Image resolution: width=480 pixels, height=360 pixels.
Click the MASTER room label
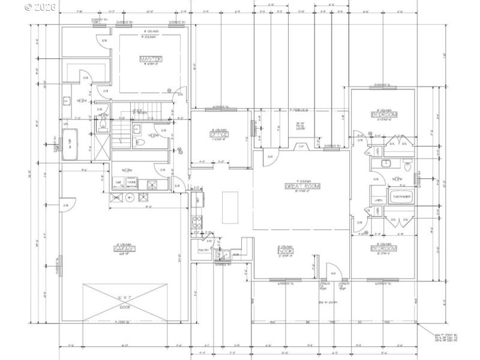tap(151, 59)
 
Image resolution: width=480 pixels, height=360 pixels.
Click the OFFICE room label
tap(217, 134)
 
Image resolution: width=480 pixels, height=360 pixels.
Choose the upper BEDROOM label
tap(384, 114)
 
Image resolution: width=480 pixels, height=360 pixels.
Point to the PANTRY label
tap(202, 250)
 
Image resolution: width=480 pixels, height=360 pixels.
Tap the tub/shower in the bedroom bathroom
tap(402, 197)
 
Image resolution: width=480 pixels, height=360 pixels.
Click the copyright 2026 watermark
tap(41, 7)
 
